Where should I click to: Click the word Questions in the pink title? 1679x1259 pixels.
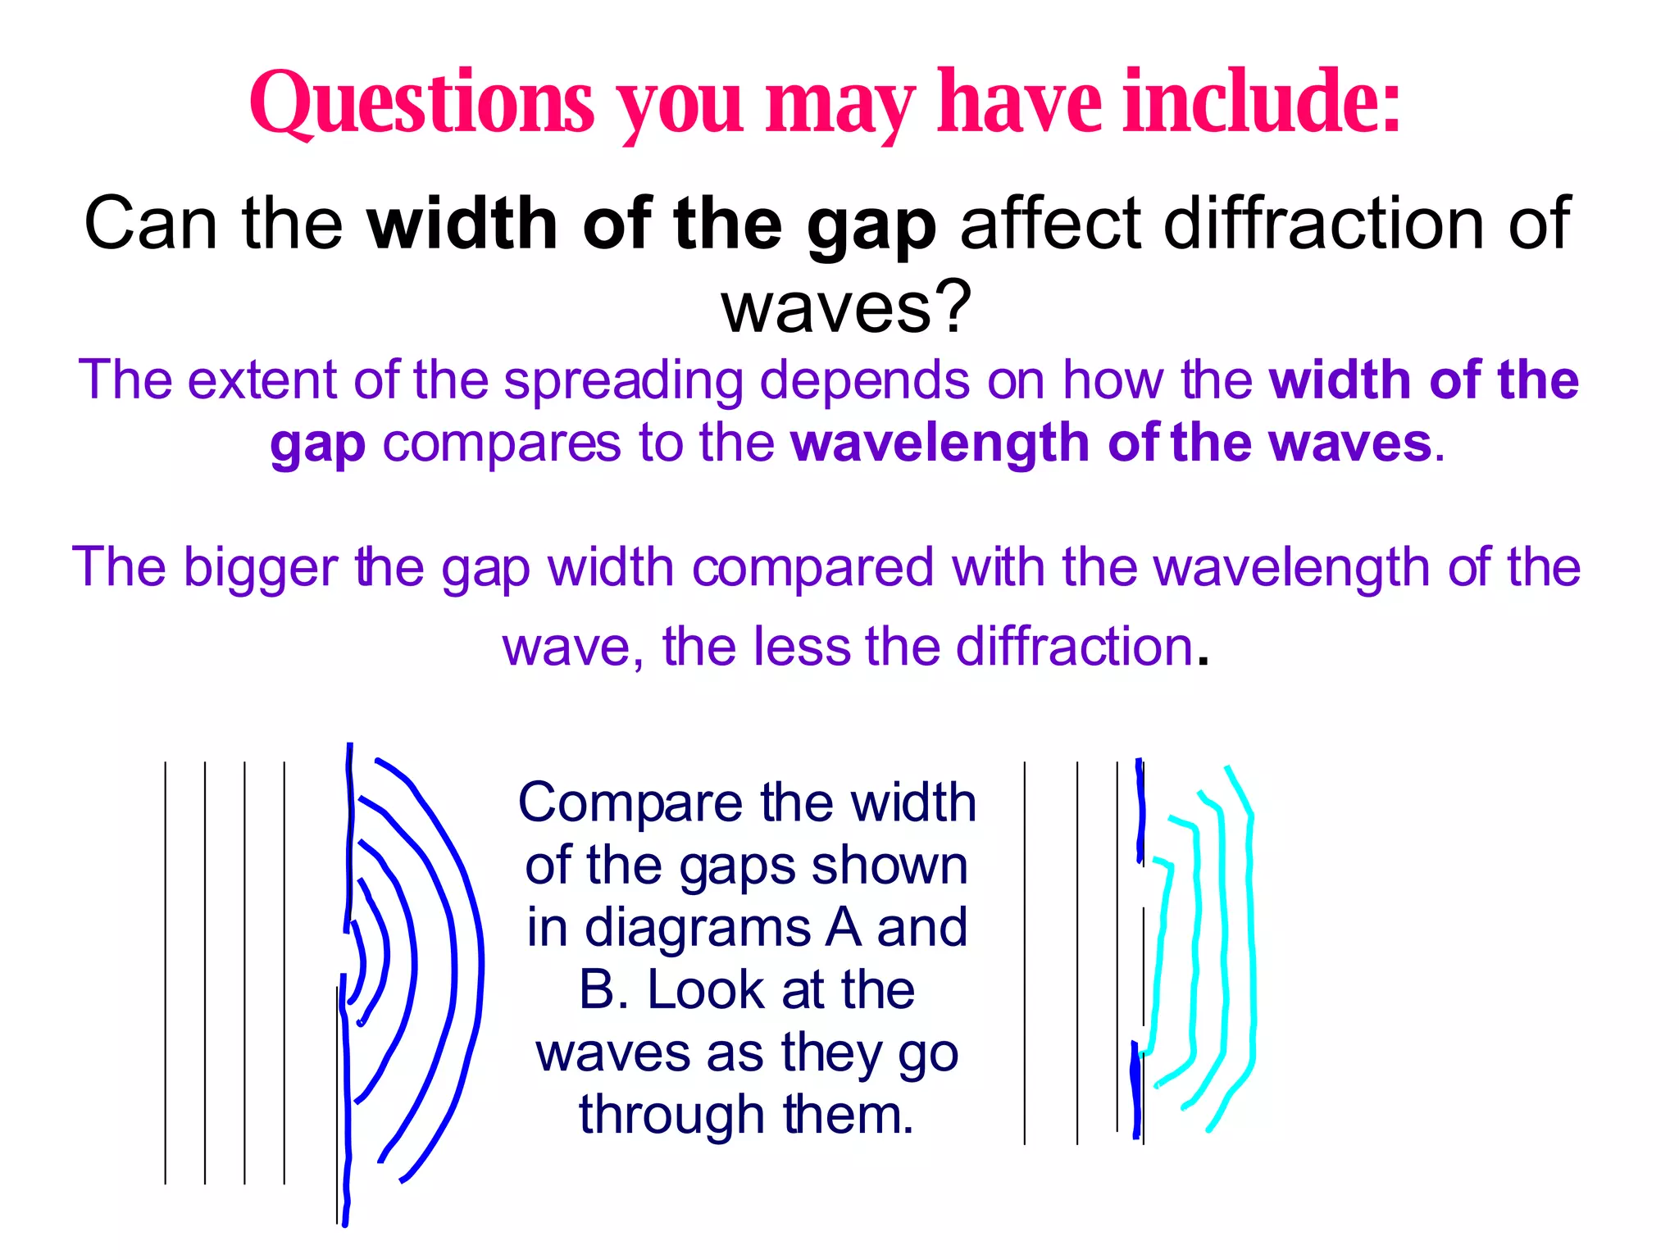(421, 104)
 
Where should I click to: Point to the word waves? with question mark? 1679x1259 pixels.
(846, 307)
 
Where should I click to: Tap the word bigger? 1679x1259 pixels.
(260, 567)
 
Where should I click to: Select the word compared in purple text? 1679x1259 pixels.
(813, 567)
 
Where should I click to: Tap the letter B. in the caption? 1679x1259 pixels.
(603, 990)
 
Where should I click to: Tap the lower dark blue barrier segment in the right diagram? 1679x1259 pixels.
(1136, 1090)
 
